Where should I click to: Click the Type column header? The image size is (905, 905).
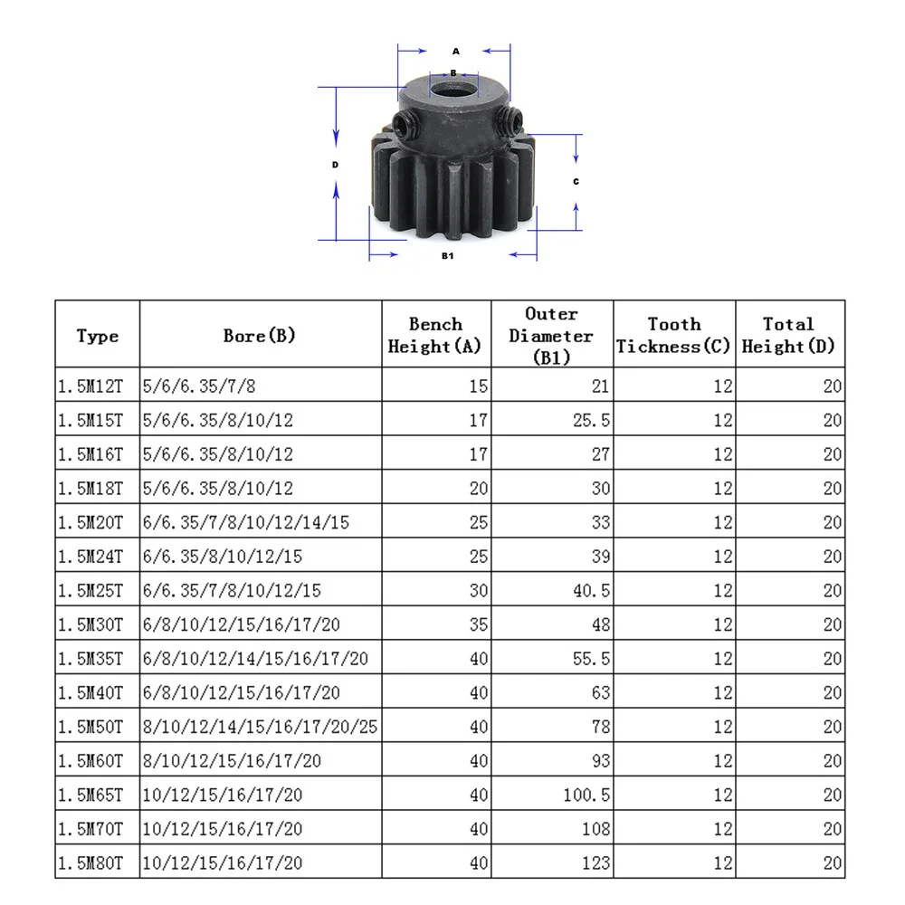pos(98,336)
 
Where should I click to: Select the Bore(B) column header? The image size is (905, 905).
pos(260,336)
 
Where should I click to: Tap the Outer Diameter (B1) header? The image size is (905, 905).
pos(551,336)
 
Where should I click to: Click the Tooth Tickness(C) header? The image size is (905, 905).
pos(673,336)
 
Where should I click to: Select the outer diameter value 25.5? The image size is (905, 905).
pos(592,421)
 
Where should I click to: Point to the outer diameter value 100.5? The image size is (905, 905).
pos(587,795)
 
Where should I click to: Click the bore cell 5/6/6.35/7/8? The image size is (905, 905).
pos(199,386)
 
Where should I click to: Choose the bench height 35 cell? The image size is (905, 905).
pos(479,624)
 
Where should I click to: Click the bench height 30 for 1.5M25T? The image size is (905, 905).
pos(479,591)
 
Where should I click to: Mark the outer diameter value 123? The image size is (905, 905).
pos(595,863)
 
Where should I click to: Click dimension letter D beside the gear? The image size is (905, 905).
pos(335,165)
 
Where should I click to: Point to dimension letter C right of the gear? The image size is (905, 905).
pos(576,181)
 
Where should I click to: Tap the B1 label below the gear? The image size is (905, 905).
pos(447,256)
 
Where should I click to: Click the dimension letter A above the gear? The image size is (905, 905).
pos(455,52)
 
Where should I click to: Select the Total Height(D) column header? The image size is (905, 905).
pos(788,336)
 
